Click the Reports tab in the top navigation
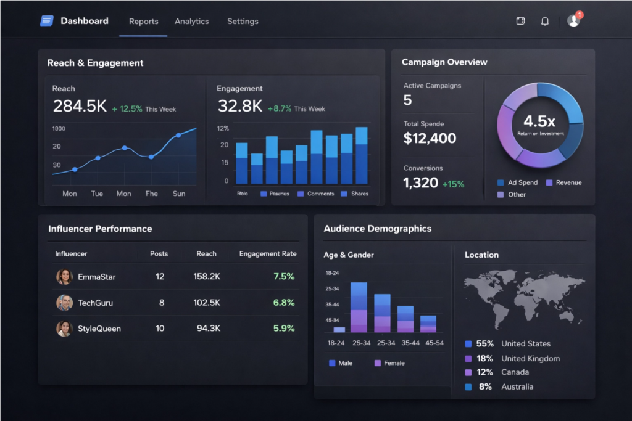(x=143, y=22)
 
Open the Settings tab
(x=243, y=22)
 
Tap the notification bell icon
(x=544, y=22)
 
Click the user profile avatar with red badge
(x=573, y=21)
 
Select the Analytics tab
(x=191, y=22)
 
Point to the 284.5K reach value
(x=80, y=107)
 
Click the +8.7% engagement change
(x=279, y=108)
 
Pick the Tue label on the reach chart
(x=97, y=194)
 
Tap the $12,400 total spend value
(x=430, y=139)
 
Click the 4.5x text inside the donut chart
(x=539, y=121)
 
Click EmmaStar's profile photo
(x=64, y=277)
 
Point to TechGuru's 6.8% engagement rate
(x=283, y=303)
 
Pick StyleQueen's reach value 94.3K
(x=208, y=329)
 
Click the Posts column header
(x=159, y=254)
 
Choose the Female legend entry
(x=389, y=363)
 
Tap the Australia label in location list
(x=517, y=387)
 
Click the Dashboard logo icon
(x=47, y=21)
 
